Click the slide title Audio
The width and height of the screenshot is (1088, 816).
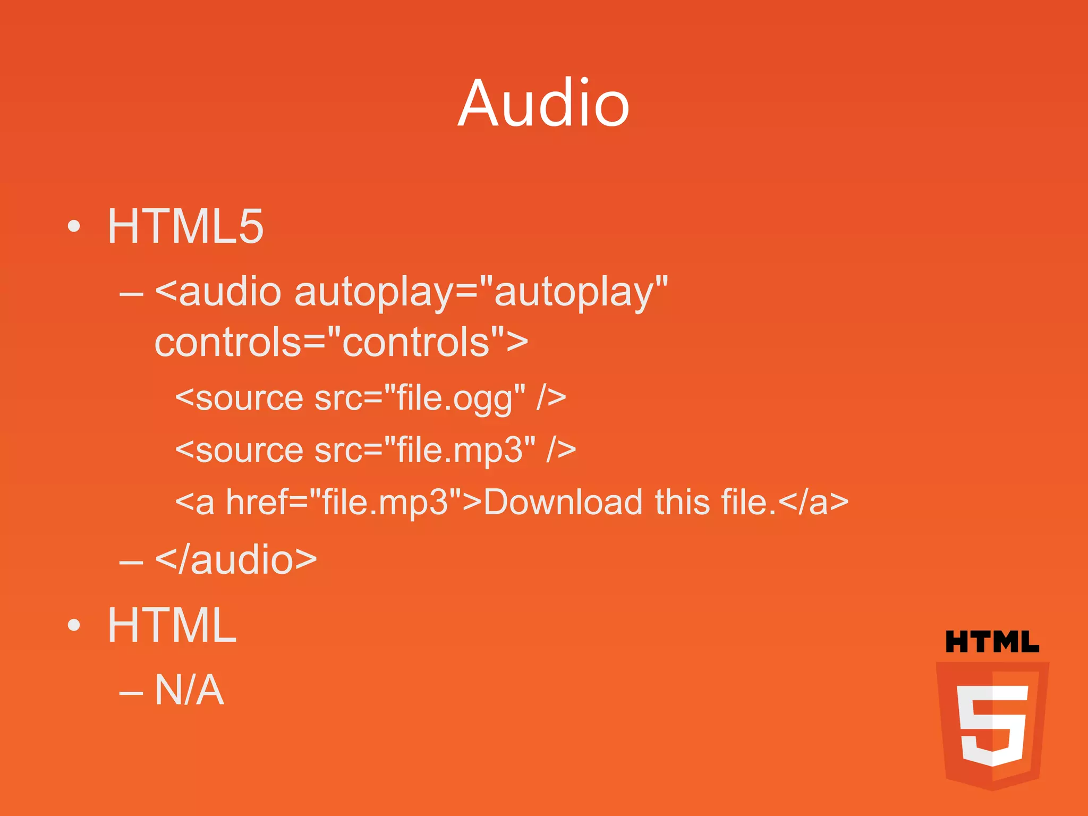point(543,103)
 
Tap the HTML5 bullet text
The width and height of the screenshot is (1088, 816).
point(185,226)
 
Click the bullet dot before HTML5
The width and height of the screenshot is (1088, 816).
point(74,227)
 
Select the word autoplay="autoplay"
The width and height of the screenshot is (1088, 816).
point(481,292)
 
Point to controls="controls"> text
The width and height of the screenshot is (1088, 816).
point(341,342)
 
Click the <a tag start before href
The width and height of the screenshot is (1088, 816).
point(194,503)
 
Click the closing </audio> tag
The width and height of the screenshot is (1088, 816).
point(236,560)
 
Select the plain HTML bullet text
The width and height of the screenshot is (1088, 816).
point(172,625)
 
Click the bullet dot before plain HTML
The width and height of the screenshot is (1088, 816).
point(74,625)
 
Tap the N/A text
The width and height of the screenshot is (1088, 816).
point(189,690)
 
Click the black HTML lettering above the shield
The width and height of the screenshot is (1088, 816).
point(992,642)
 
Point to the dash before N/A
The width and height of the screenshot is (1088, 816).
point(131,693)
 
